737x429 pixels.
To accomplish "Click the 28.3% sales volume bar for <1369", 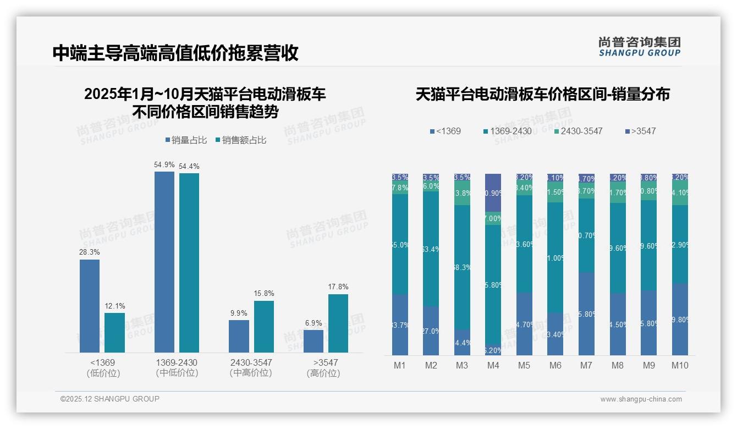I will (x=90, y=306).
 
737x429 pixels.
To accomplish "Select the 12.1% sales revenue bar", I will (x=114, y=333).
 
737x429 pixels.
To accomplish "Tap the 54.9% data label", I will (x=164, y=164).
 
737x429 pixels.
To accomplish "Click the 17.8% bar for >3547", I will (x=338, y=323).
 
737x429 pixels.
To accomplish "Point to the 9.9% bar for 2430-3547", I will (x=239, y=336).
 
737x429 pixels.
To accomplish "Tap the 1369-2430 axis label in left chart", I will (x=177, y=363).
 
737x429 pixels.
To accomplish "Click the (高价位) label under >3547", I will (x=323, y=373).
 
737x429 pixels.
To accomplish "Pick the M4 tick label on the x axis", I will (x=493, y=366).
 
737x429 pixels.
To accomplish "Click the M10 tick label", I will (x=680, y=366).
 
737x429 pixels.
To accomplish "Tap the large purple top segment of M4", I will (x=493, y=193).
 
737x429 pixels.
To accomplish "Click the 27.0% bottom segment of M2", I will (x=431, y=331).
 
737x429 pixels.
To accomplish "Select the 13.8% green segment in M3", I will (x=462, y=194).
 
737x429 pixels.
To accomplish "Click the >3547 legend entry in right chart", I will (x=640, y=131).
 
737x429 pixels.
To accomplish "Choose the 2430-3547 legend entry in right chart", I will (x=578, y=131).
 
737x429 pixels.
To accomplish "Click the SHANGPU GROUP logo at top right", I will (x=639, y=47).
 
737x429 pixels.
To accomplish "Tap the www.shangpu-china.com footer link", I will (x=641, y=399).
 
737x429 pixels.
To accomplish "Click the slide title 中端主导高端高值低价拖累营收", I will (x=175, y=53).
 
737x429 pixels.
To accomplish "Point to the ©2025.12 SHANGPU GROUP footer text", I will (x=110, y=399).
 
